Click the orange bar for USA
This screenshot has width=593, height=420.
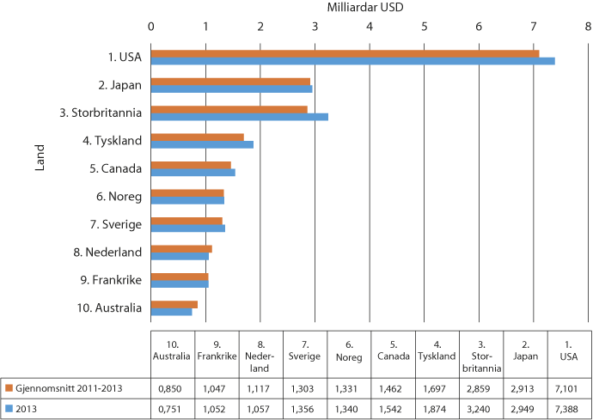tap(344, 53)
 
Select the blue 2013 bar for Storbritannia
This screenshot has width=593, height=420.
tap(239, 117)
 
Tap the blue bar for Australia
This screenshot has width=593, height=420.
tap(172, 312)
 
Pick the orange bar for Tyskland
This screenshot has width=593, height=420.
tap(198, 137)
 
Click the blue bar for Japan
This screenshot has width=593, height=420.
tap(231, 88)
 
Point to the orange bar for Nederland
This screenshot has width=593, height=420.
tap(181, 248)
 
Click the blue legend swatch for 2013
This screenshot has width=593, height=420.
tap(9, 407)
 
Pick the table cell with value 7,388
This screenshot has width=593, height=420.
tap(569, 407)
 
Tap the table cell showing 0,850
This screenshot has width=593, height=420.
tap(172, 388)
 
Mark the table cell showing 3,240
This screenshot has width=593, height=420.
tap(480, 407)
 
